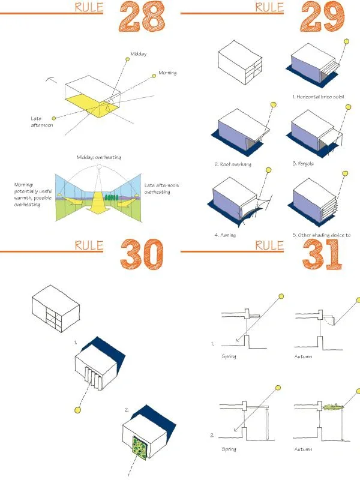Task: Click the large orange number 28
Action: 142,16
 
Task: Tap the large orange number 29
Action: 322,16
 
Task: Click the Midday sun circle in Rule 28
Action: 127,59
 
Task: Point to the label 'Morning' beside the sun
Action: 167,73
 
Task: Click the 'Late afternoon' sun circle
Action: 54,118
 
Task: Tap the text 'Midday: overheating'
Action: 98,157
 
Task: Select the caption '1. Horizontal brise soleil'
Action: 317,96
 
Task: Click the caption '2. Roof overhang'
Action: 233,164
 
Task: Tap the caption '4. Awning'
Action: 225,235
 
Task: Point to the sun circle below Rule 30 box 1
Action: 77,410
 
